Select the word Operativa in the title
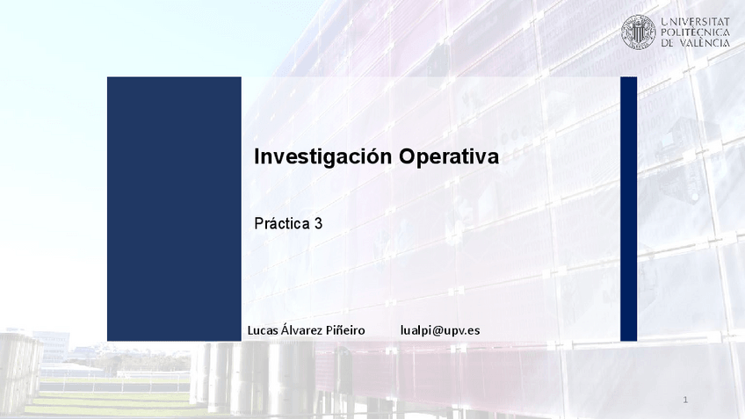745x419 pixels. (449, 156)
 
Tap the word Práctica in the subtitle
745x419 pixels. (282, 223)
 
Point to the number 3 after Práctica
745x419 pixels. (318, 223)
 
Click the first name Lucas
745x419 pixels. (263, 330)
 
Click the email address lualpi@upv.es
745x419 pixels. (440, 330)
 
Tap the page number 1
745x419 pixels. (685, 400)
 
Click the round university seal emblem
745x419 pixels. (639, 32)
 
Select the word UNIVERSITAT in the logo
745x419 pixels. (695, 21)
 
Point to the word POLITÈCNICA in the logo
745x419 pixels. (695, 33)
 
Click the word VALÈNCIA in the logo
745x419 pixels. (704, 43)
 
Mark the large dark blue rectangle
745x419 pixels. (174, 209)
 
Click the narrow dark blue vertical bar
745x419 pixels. (629, 209)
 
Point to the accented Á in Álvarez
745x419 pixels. (285, 329)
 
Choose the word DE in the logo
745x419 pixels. (667, 43)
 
